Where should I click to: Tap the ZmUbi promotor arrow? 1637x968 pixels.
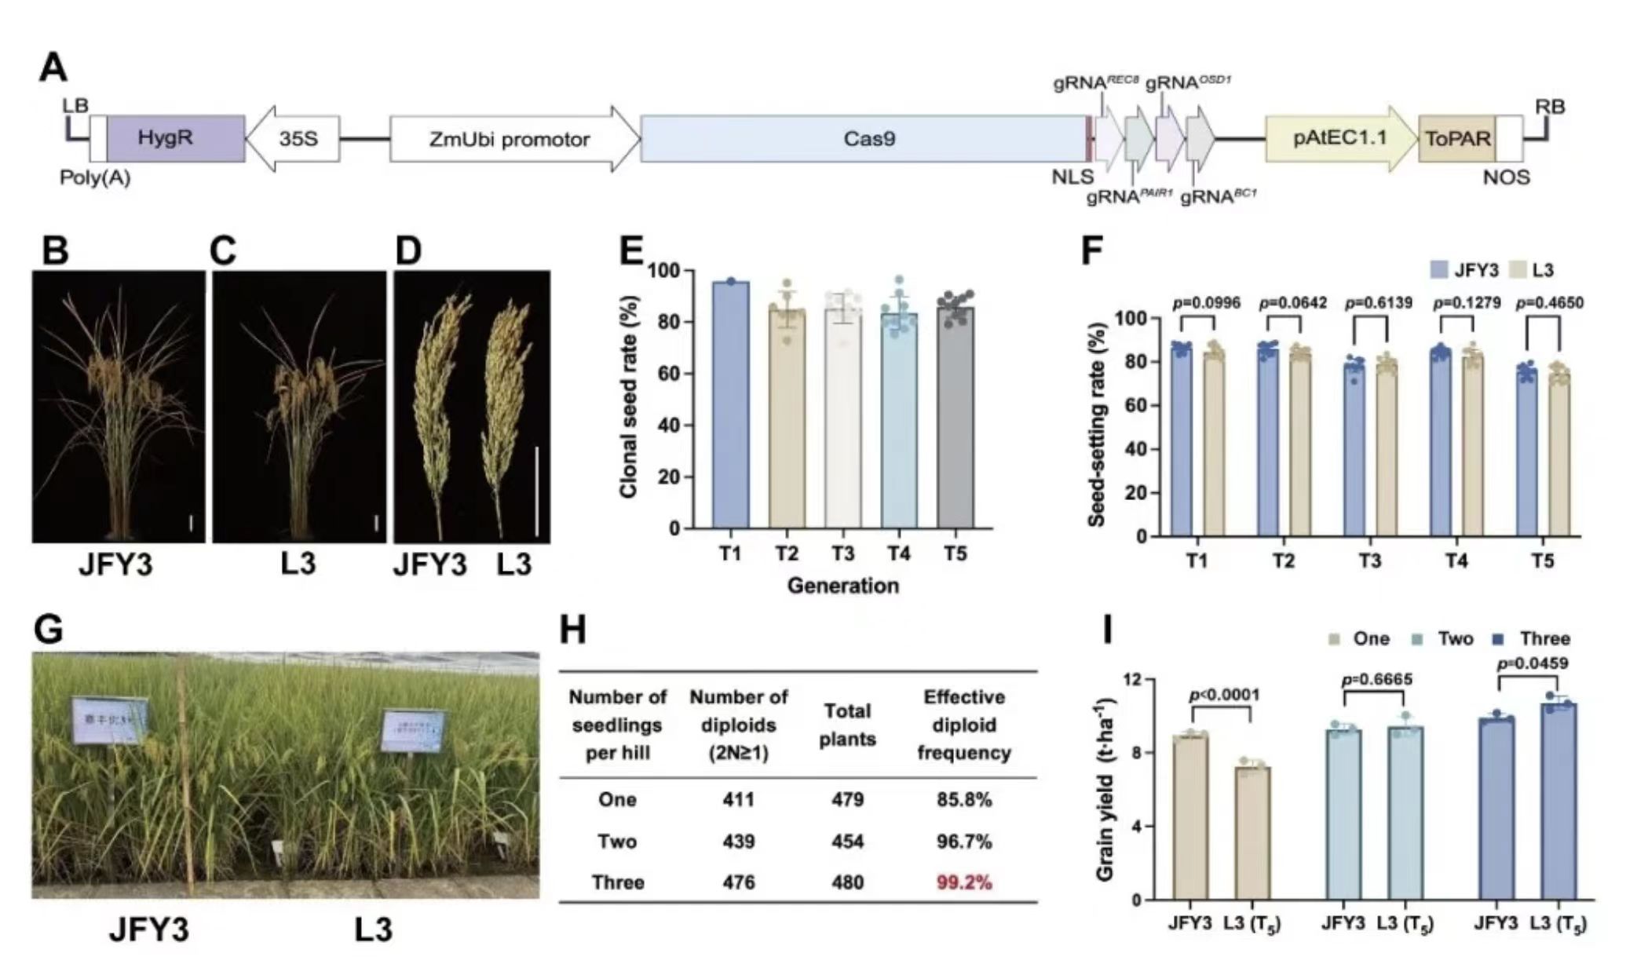coord(510,139)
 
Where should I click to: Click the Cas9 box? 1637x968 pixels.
coord(868,139)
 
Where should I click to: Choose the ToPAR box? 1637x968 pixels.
coord(1456,139)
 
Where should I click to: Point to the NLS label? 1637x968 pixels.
coord(1072,177)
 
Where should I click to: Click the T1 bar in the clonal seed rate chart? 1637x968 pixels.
coord(730,404)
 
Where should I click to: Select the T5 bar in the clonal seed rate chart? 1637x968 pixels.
coord(955,416)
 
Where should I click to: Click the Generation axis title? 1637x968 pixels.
coord(842,586)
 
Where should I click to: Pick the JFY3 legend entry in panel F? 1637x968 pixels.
coord(1465,270)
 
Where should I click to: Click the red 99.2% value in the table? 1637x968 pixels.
coord(964,882)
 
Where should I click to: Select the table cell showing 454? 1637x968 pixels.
coord(847,842)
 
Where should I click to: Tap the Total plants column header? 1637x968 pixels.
coord(847,725)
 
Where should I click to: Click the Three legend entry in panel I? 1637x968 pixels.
coord(1535,638)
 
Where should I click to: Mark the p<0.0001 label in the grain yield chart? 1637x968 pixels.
coord(1224,695)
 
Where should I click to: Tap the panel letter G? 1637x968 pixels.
coord(49,630)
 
